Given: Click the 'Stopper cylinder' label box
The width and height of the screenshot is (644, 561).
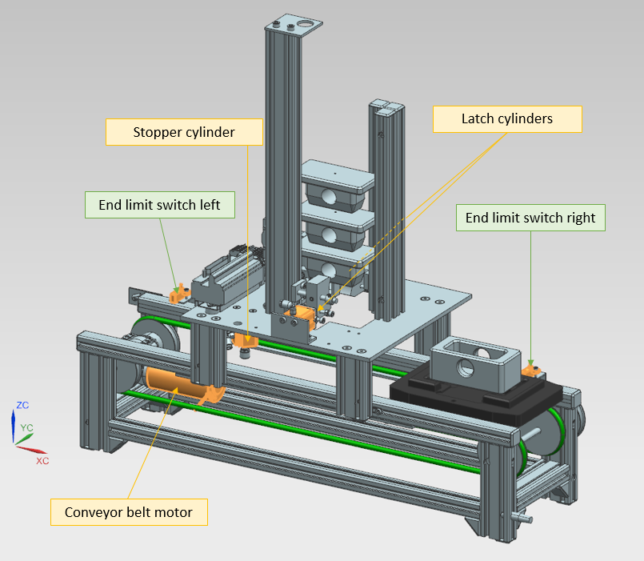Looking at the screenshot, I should [x=184, y=132].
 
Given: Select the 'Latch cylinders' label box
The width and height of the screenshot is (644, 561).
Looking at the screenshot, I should [x=507, y=118].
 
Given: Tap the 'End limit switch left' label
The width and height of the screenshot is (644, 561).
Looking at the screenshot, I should [x=159, y=205].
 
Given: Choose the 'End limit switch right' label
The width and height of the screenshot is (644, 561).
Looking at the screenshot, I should [x=530, y=218].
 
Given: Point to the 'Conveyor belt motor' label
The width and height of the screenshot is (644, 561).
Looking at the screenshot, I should [x=129, y=512].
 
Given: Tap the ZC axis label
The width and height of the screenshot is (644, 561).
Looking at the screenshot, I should [x=22, y=406].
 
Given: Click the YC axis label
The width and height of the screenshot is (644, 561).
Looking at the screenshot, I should [x=27, y=428].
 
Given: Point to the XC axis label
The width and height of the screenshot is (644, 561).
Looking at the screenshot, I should [x=42, y=461].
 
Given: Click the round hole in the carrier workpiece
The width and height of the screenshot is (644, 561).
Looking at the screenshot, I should [x=463, y=369].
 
